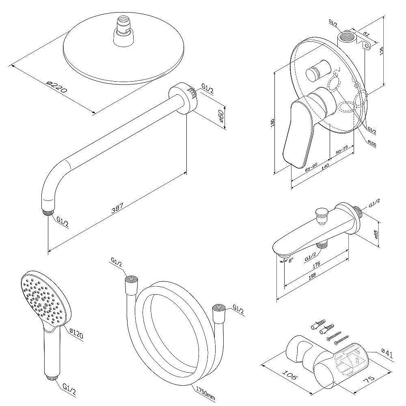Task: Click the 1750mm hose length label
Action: tap(205, 391)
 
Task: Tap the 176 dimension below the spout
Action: tap(317, 264)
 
